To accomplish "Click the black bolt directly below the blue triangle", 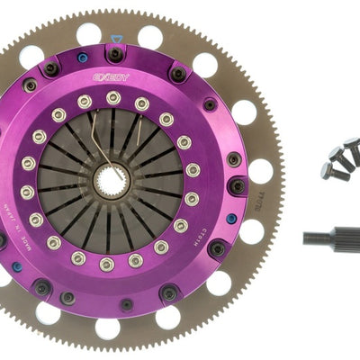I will [x=115, y=54].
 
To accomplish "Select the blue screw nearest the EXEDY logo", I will [x=84, y=60].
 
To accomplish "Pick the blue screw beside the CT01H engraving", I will [x=231, y=217].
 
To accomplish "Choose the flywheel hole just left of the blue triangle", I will [x=88, y=34].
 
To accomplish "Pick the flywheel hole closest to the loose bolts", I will [x=261, y=169].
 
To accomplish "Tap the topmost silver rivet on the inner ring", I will [x=113, y=97].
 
